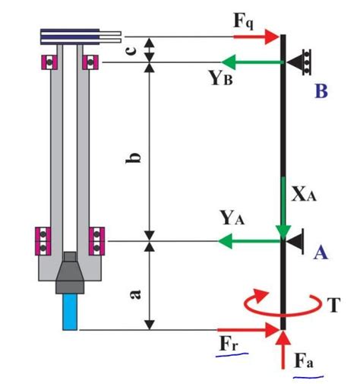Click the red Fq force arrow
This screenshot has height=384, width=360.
coord(257,35)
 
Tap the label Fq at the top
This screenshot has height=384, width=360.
coord(244,20)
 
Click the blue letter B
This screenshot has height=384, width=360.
coord(321,92)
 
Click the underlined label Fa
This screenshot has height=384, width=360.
coord(306,360)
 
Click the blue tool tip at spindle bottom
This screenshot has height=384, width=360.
coord(70,312)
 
